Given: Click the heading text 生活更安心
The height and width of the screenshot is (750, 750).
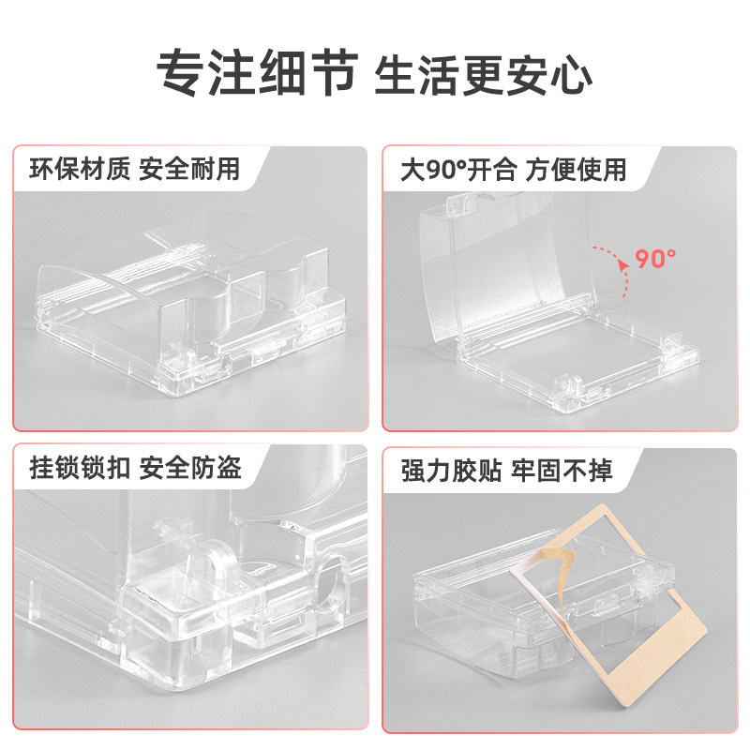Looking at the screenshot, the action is [483, 71].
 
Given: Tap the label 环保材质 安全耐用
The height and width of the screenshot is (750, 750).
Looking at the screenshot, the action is [135, 170].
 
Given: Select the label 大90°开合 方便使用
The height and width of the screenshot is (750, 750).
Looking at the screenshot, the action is [513, 170].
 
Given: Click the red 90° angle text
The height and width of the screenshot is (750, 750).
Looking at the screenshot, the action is [655, 257].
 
